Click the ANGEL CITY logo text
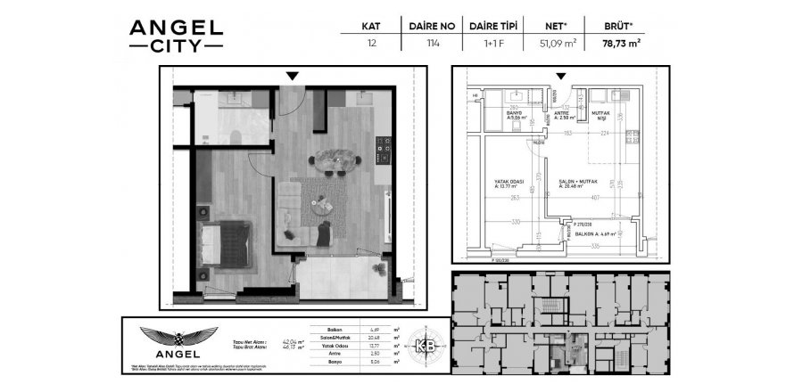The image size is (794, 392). (x=176, y=37)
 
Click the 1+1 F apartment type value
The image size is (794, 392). (x=492, y=42)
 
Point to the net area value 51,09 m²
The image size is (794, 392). (x=553, y=42)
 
